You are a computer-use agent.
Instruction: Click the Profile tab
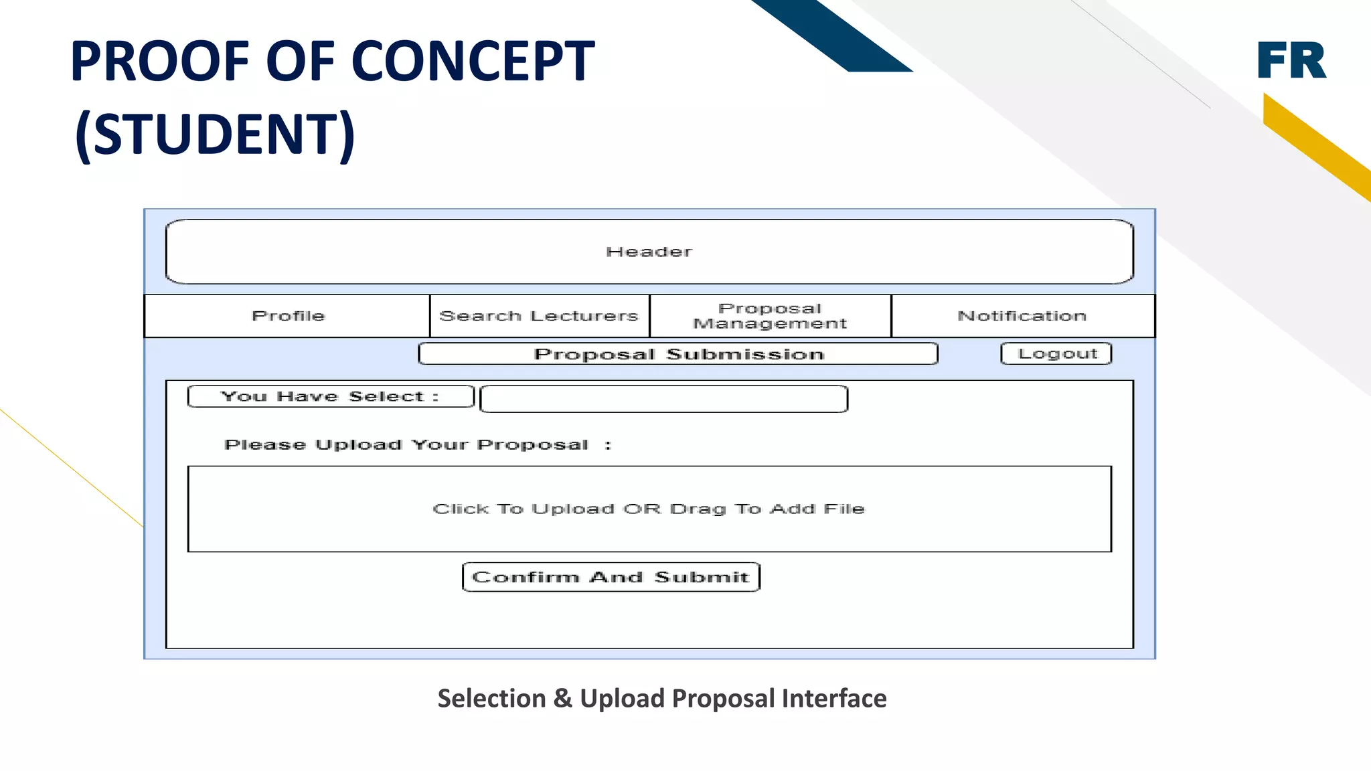pyautogui.click(x=288, y=316)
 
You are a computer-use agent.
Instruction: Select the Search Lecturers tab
pyautogui.click(x=539, y=316)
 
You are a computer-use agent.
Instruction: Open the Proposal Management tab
pyautogui.click(x=770, y=316)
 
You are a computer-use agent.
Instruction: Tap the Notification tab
pyautogui.click(x=1022, y=316)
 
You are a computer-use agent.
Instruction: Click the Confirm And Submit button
pyautogui.click(x=611, y=577)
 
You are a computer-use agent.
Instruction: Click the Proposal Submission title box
pyautogui.click(x=678, y=354)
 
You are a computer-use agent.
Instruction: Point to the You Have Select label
pyautogui.click(x=330, y=396)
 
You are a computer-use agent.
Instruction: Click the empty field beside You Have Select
pyautogui.click(x=663, y=399)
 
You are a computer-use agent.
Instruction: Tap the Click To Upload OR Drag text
pyautogui.click(x=649, y=509)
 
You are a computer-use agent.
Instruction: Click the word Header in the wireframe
pyautogui.click(x=649, y=252)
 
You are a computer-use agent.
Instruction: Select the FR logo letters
pyautogui.click(x=1291, y=60)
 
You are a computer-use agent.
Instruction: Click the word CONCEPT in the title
pyautogui.click(x=473, y=62)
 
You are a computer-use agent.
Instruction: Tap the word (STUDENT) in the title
pyautogui.click(x=215, y=134)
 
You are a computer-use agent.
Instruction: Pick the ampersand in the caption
pyautogui.click(x=562, y=699)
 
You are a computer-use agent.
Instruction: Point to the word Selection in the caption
pyautogui.click(x=491, y=699)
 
